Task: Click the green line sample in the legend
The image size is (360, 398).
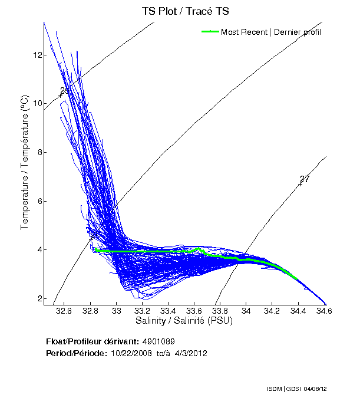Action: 210,32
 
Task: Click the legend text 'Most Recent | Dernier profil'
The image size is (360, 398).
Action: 271,32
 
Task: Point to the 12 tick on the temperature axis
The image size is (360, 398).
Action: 38,55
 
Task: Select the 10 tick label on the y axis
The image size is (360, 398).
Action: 38,104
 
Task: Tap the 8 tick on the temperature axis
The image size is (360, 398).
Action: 38,152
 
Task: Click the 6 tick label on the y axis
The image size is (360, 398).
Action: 38,201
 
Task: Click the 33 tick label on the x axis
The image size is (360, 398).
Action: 117,310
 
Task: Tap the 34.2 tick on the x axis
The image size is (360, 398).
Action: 272,310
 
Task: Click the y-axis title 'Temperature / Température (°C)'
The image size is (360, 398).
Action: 25,163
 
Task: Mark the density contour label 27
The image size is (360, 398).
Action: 305,179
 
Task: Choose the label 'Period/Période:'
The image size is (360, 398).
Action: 76,353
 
